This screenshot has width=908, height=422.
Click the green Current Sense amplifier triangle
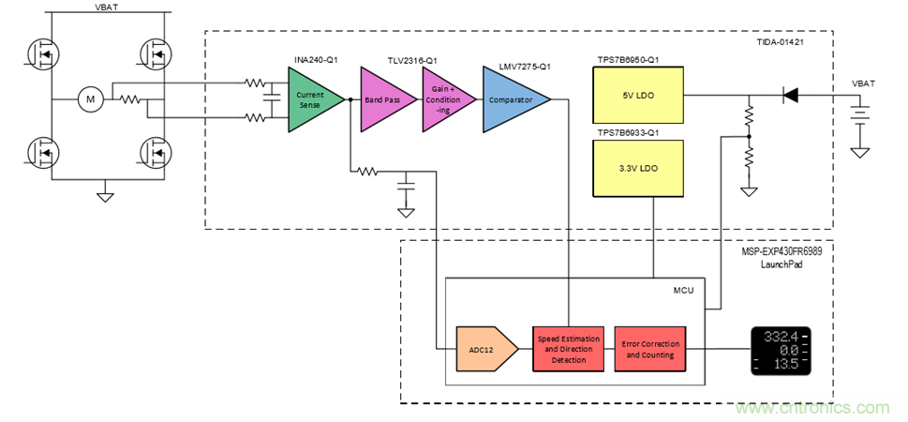click(x=308, y=98)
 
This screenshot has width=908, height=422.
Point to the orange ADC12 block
click(x=484, y=349)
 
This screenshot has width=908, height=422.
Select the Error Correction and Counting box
click(x=649, y=349)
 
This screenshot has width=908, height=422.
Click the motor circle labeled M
click(x=91, y=98)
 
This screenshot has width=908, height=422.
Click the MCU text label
click(x=682, y=291)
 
